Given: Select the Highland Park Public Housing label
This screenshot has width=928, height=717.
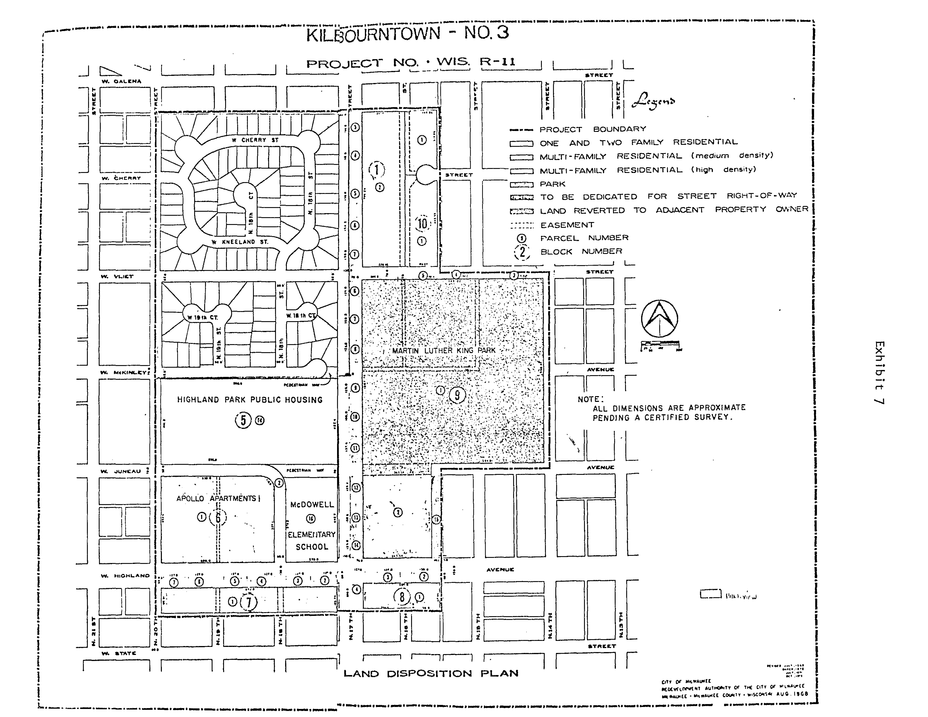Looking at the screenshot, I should (x=250, y=400).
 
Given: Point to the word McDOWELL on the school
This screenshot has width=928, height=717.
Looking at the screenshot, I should (x=312, y=505).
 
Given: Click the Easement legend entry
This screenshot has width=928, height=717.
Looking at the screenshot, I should (x=567, y=225).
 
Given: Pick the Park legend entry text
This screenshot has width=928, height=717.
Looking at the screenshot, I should (x=552, y=184).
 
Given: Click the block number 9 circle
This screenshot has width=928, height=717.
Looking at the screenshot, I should (x=457, y=396).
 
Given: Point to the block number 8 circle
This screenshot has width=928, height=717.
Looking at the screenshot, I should (x=402, y=597).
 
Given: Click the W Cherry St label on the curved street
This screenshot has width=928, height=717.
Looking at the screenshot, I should (x=255, y=140).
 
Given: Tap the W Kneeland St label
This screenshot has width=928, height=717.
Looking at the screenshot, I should (x=240, y=242).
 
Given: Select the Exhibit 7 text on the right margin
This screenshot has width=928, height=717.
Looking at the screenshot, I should (x=879, y=373).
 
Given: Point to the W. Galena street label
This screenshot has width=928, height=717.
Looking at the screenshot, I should (x=121, y=81).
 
